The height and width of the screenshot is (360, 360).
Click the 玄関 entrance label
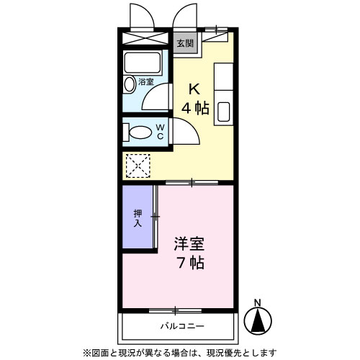(x=185, y=42)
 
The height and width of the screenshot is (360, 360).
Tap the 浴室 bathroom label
(x=146, y=82)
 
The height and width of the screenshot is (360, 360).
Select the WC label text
(x=161, y=132)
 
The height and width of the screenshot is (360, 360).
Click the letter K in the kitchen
(x=194, y=89)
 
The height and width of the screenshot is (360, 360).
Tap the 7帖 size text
(x=191, y=263)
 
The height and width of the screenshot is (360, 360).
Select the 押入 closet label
(x=137, y=218)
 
